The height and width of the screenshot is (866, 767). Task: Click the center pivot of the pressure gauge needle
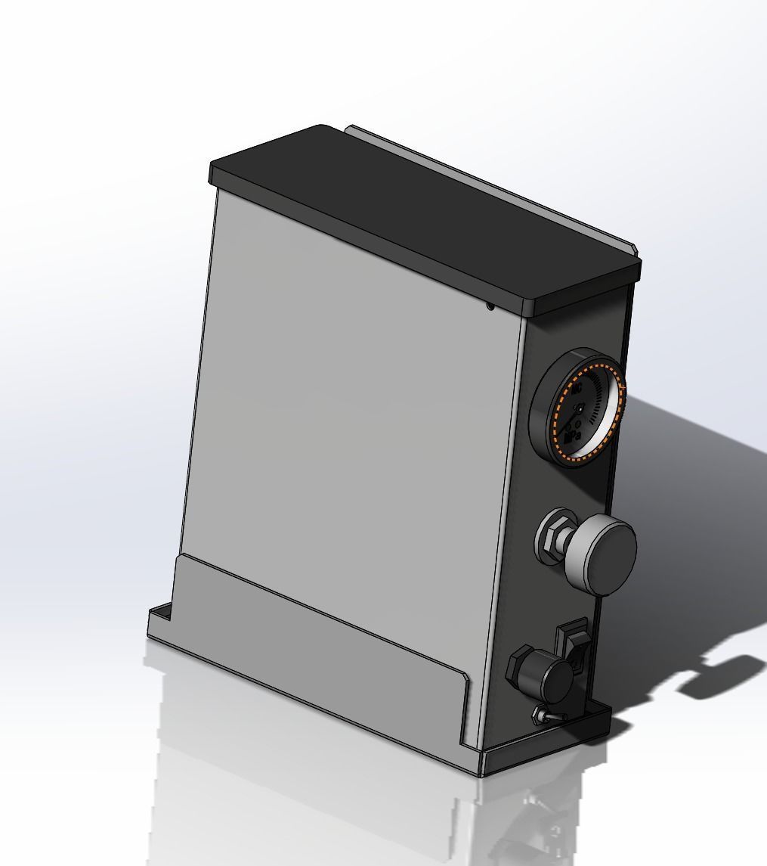(580, 409)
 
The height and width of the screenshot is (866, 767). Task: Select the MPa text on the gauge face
(573, 436)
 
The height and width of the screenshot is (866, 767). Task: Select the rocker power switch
(573, 647)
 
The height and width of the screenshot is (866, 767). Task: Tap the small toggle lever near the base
(543, 713)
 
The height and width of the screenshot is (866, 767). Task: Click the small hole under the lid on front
(490, 306)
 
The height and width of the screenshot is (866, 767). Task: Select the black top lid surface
(423, 212)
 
